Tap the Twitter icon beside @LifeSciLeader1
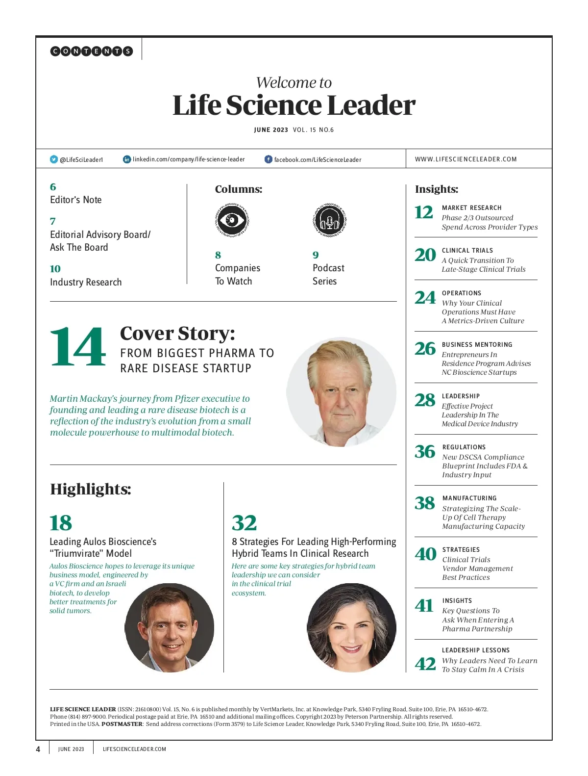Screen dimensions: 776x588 click(54, 159)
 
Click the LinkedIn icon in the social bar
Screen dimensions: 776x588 click(127, 159)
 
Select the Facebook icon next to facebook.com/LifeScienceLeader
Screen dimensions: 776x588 click(269, 159)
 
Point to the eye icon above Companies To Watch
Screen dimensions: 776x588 click(232, 220)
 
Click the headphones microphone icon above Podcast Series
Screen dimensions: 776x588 click(330, 220)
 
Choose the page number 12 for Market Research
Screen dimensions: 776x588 click(424, 212)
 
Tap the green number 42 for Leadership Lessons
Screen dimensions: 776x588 click(425, 664)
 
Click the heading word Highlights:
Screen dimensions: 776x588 click(91, 489)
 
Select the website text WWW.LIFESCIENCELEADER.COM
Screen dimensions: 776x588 click(465, 159)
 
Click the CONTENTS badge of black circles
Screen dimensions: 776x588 click(92, 51)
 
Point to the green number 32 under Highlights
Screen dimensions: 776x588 click(244, 523)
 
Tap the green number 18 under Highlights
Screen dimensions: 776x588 click(61, 523)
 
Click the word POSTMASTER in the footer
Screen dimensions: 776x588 click(122, 724)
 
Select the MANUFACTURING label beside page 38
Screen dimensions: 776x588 click(469, 498)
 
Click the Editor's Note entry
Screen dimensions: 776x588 click(76, 200)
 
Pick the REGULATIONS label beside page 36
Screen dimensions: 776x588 click(464, 447)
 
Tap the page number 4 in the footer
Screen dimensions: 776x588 click(38, 749)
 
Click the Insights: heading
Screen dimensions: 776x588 click(437, 189)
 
